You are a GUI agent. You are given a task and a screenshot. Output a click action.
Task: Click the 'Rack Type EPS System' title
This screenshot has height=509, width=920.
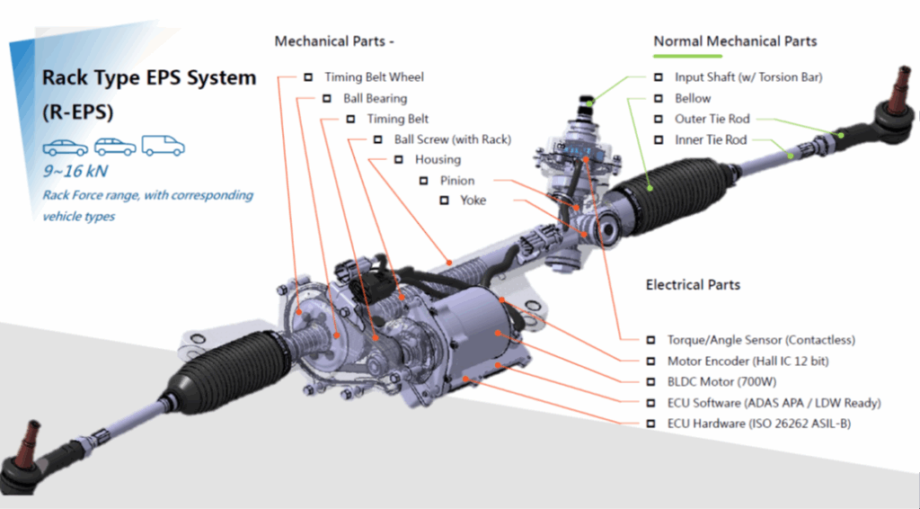[149, 78]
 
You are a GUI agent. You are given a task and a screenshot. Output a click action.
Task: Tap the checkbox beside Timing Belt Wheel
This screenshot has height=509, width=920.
[308, 77]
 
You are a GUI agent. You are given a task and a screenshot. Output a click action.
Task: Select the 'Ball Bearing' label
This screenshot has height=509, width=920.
[375, 98]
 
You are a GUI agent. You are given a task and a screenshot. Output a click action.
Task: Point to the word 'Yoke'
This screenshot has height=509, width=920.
[473, 200]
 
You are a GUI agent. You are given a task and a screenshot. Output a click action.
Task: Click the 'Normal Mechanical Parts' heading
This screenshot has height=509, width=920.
[735, 41]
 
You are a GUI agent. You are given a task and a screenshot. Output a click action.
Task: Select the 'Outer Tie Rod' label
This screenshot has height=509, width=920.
[712, 119]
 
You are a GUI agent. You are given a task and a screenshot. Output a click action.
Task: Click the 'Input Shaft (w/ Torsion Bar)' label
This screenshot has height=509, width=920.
[748, 77]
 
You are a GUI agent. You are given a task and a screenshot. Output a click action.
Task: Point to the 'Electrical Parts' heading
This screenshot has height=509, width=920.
[693, 285]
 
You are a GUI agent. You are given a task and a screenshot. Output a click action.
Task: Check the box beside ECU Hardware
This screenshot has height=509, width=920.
[650, 423]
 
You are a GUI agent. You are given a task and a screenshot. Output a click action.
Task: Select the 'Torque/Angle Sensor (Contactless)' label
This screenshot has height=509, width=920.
[760, 340]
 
